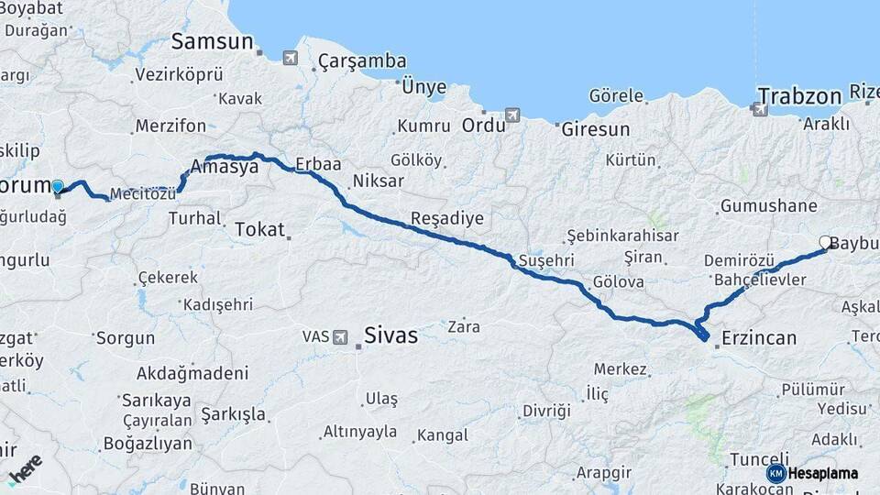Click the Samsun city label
212,41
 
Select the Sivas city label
390,335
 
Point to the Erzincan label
758,338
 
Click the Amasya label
225,167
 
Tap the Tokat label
259,229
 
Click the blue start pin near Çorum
58,188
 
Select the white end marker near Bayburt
825,243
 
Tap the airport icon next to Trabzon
760,110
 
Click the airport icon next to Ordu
511,115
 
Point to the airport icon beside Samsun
291,58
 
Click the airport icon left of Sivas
341,336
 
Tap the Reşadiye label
446,218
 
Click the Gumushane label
768,206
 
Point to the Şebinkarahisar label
622,236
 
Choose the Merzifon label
170,126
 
